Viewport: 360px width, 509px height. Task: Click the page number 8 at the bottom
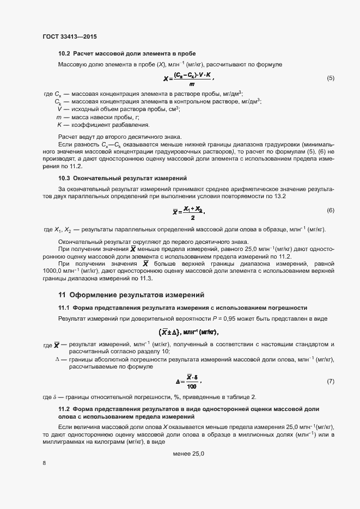coord(44,463)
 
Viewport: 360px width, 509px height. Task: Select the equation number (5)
coord(330,78)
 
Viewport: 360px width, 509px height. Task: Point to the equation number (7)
coord(330,382)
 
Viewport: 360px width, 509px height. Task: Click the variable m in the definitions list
coord(58,117)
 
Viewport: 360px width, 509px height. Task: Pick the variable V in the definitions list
coord(59,109)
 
